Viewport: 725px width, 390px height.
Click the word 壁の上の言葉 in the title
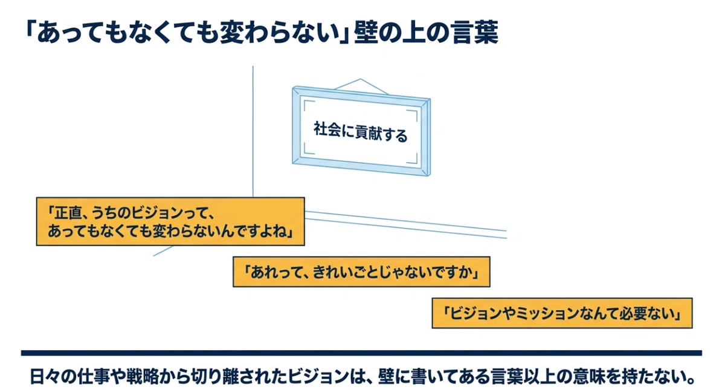426,33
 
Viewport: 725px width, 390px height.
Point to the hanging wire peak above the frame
361,79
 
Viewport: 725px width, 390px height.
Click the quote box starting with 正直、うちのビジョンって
170,221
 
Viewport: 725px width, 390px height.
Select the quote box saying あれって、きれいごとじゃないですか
361,272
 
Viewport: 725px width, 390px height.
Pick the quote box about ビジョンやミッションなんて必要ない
562,313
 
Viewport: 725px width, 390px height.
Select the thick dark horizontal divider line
361,353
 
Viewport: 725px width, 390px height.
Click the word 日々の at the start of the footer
53,376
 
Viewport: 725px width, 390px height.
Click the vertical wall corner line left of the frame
253,132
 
